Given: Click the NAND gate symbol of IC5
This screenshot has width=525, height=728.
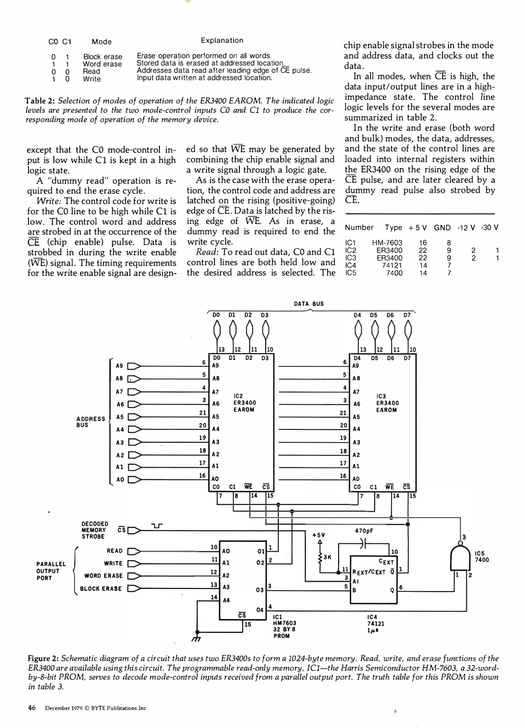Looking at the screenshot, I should pyautogui.click(x=460, y=558).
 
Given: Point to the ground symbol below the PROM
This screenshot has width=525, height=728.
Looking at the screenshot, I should pyautogui.click(x=196, y=638).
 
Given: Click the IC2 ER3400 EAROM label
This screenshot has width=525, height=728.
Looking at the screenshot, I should pyautogui.click(x=244, y=403).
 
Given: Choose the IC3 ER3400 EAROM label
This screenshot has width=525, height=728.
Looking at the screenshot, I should pyautogui.click(x=387, y=403).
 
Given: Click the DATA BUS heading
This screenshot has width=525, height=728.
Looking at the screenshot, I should pyautogui.click(x=309, y=304).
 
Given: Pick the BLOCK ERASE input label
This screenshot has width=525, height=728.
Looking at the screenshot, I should pyautogui.click(x=101, y=589).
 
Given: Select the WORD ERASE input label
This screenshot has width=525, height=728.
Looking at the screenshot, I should pyautogui.click(x=103, y=576).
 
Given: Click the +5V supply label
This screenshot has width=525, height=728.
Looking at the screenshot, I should pyautogui.click(x=319, y=535).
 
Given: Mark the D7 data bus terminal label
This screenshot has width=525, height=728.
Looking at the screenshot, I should pyautogui.click(x=407, y=315).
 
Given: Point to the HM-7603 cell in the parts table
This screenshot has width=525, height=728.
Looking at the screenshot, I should pyautogui.click(x=387, y=243).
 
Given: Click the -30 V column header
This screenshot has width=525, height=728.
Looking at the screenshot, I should pyautogui.click(x=490, y=227).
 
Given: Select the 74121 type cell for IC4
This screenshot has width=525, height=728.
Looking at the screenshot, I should pyautogui.click(x=392, y=265).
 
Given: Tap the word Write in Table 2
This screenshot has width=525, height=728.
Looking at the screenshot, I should pyautogui.click(x=92, y=79).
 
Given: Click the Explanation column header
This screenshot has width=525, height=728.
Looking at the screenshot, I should pyautogui.click(x=222, y=40).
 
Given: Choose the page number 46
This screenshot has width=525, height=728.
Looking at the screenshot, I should pyautogui.click(x=32, y=708).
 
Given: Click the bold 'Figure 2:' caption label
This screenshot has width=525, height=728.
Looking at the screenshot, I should pyautogui.click(x=43, y=659).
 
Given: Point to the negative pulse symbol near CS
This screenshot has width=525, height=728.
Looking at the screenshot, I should pyautogui.click(x=157, y=526).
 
